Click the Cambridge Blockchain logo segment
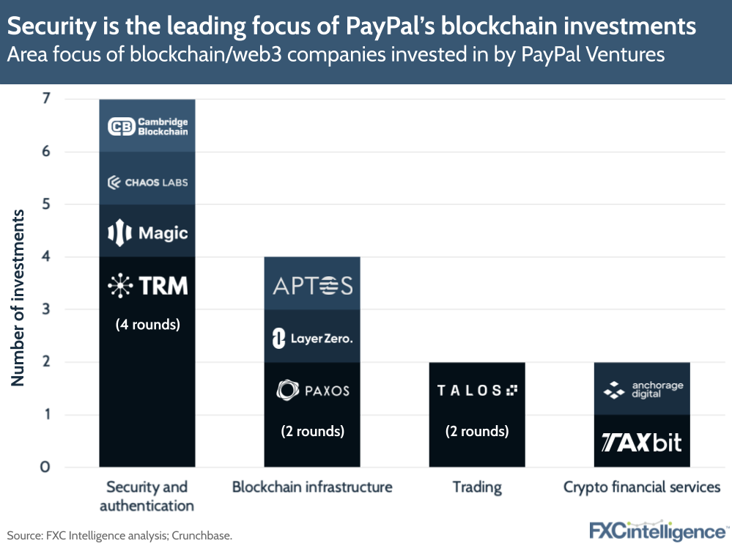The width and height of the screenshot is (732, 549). pyautogui.click(x=147, y=126)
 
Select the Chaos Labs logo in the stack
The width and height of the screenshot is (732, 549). pyautogui.click(x=147, y=181)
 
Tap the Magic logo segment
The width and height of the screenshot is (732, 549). pyautogui.click(x=147, y=233)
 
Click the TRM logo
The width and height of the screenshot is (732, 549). pyautogui.click(x=147, y=285)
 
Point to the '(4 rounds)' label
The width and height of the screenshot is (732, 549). pyautogui.click(x=147, y=323)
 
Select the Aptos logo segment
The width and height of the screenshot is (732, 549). pyautogui.click(x=312, y=285)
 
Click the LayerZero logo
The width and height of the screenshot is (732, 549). pyautogui.click(x=312, y=338)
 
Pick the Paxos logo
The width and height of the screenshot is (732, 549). pyautogui.click(x=312, y=390)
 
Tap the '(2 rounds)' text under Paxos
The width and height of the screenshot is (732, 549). pyautogui.click(x=312, y=431)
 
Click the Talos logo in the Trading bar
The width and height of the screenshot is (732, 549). pyautogui.click(x=477, y=390)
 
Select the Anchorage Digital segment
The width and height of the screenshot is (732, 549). pyautogui.click(x=642, y=390)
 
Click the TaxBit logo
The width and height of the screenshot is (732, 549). pyautogui.click(x=642, y=442)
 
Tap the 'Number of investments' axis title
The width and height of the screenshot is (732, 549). pyautogui.click(x=18, y=298)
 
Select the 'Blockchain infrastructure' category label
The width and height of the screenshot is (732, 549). pyautogui.click(x=312, y=487)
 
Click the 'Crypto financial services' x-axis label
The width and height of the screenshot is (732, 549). pyautogui.click(x=642, y=487)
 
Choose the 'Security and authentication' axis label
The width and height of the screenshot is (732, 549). pyautogui.click(x=147, y=495)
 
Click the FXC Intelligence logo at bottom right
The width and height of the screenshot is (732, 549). pyautogui.click(x=657, y=531)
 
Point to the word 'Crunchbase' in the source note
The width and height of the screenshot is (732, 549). pyautogui.click(x=202, y=536)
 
